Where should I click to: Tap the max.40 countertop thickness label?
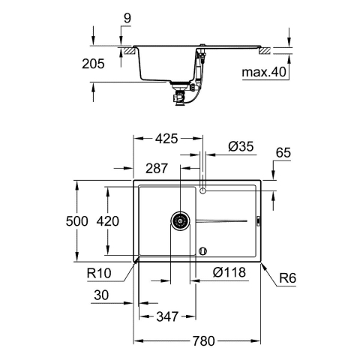(262, 73)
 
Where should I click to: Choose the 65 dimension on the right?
(283, 153)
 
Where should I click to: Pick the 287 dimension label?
(158, 169)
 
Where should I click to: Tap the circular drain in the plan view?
(180, 220)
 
